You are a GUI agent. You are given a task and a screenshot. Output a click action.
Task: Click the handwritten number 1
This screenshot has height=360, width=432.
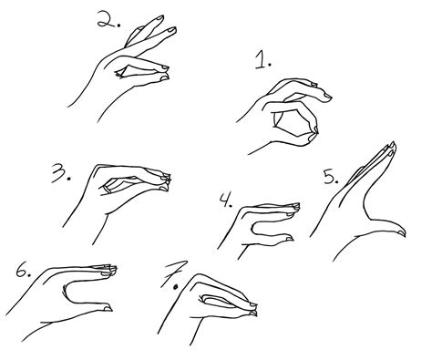261,60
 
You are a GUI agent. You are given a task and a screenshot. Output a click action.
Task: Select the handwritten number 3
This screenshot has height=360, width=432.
58,172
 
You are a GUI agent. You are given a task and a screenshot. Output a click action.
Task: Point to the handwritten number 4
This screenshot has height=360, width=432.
224,200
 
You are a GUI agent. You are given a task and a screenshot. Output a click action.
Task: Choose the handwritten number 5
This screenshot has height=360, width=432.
329,177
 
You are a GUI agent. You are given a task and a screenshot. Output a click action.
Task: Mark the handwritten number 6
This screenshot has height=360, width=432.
21,271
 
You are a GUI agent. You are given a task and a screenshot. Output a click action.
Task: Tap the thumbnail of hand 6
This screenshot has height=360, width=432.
108,309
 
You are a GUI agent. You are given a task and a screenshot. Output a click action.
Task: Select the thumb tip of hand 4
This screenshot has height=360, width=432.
289,238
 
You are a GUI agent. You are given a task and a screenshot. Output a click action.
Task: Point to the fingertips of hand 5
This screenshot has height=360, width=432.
391,148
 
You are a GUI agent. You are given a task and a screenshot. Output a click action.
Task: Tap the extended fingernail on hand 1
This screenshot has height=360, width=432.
327,97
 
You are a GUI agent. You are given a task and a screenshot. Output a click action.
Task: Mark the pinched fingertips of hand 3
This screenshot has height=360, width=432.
166,180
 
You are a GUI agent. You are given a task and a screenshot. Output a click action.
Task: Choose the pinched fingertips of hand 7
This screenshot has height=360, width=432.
252,309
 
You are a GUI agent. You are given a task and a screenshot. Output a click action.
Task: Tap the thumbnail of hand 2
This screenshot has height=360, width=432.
164,77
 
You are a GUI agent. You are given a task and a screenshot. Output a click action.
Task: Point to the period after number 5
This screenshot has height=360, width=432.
336,182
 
